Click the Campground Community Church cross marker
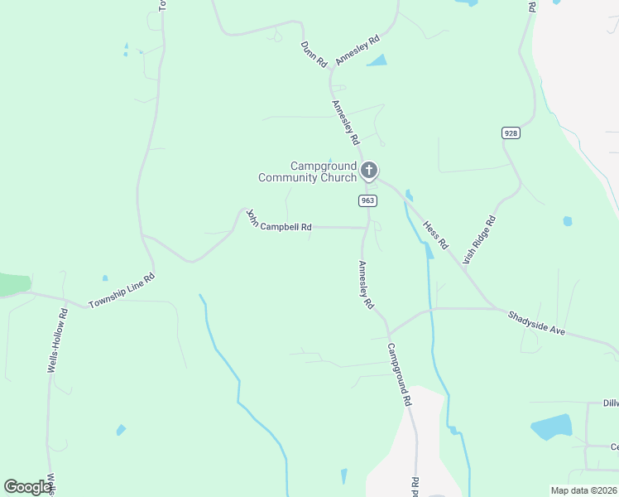(x=369, y=171)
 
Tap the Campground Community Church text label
(x=307, y=171)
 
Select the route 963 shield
(x=368, y=200)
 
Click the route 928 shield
(x=510, y=133)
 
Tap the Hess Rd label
(x=434, y=234)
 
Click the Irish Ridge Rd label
(x=479, y=239)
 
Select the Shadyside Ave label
(x=536, y=323)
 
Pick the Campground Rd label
(x=398, y=374)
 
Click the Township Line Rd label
(x=122, y=291)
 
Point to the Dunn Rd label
(x=314, y=54)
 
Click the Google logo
(x=27, y=486)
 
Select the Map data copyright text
(x=584, y=490)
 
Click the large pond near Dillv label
(x=551, y=426)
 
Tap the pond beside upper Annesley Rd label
(x=377, y=60)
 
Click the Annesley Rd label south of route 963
(x=365, y=285)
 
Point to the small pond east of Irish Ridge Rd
(x=568, y=221)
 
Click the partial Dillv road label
(x=610, y=403)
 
